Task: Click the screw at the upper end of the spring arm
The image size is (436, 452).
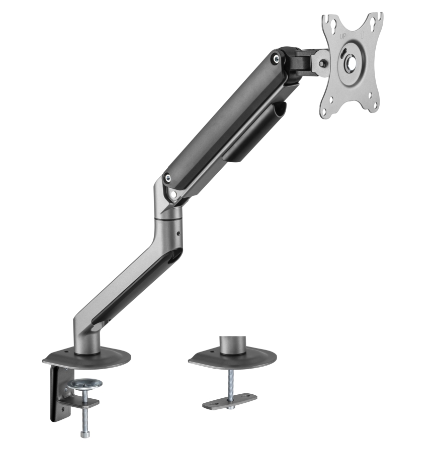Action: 275,58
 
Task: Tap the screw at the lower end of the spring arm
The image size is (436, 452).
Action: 167,178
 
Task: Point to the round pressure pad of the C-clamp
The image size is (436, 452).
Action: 85,384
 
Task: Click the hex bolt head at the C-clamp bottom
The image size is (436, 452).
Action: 84,433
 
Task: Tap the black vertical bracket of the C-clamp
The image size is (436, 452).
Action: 56,394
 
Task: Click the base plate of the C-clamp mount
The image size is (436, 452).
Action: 86,358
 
